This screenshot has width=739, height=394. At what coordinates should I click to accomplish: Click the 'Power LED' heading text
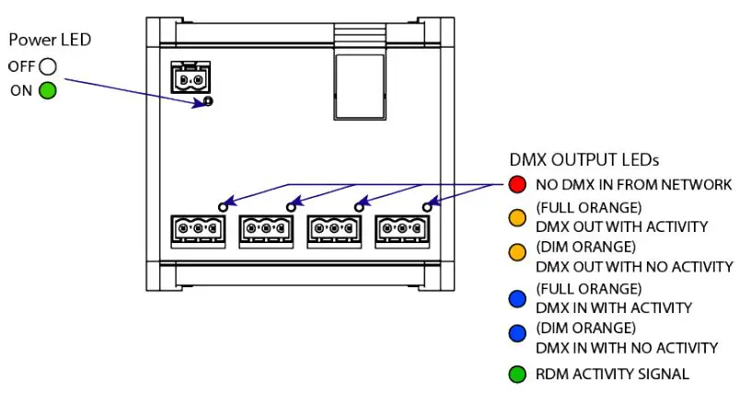click(x=50, y=41)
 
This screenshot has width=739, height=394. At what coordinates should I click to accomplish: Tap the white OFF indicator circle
click(x=48, y=66)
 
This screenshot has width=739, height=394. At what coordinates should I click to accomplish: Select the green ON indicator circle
click(x=47, y=90)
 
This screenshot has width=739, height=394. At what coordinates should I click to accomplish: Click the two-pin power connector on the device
click(x=191, y=80)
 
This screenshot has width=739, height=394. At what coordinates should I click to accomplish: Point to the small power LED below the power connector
click(x=209, y=101)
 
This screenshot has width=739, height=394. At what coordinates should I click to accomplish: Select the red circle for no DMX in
click(x=517, y=184)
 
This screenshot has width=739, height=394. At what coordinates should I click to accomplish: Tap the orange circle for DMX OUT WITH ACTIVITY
click(x=517, y=218)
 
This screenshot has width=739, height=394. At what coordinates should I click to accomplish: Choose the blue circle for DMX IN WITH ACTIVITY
click(x=517, y=298)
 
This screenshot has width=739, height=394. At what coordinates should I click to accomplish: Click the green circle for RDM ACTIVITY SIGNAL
click(x=517, y=374)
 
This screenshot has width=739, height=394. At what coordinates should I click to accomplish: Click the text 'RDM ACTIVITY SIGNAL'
click(x=612, y=374)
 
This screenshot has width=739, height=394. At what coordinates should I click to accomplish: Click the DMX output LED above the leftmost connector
click(x=222, y=206)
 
